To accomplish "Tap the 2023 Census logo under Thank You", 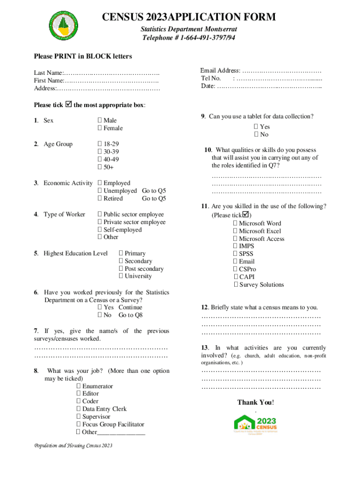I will [x=255, y=424].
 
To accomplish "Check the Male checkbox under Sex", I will [x=100, y=121].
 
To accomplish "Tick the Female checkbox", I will [x=100, y=128].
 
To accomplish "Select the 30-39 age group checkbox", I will [x=100, y=152].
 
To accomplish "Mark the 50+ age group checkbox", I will [x=100, y=167].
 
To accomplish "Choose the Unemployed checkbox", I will [x=100, y=191].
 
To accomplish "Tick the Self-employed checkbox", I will [x=100, y=230].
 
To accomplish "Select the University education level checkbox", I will [x=121, y=276].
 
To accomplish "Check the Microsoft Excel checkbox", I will [x=235, y=231].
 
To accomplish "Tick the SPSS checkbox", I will [x=235, y=254].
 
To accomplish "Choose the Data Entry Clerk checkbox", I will [x=79, y=409].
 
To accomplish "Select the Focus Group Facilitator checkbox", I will [x=79, y=424].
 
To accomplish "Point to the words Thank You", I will [x=255, y=402].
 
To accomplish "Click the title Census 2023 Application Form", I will [x=189, y=18].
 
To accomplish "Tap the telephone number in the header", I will [x=188, y=37].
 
